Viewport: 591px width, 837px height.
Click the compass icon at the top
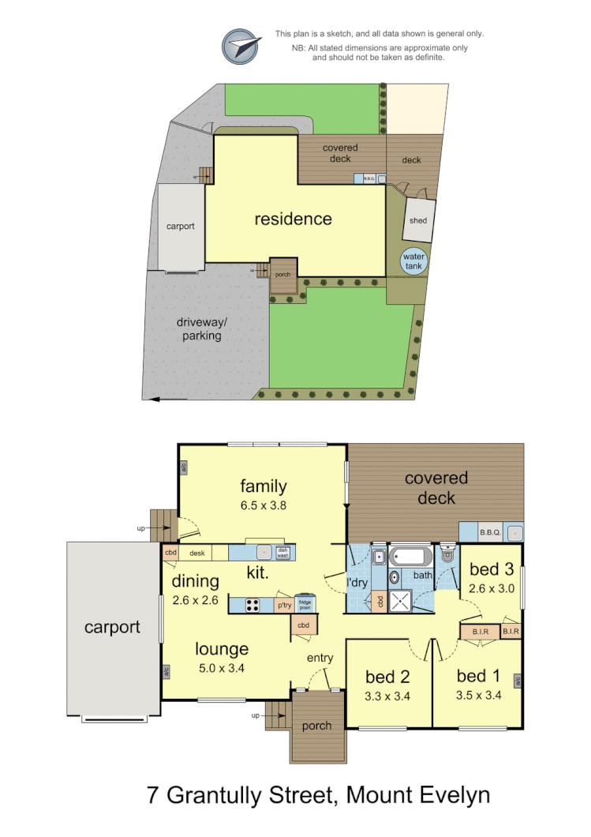pos(241,47)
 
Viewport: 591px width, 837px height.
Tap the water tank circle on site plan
pos(413,261)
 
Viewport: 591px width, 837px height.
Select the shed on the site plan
pos(418,220)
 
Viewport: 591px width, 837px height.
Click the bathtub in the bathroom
pos(411,557)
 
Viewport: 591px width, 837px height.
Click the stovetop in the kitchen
pos(253,606)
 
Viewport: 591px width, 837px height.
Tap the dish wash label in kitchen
pos(282,553)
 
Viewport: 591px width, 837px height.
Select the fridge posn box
pos(305,603)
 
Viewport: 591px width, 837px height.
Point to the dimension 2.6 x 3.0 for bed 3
pos(491,588)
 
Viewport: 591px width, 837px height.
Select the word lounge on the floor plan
pos(223,649)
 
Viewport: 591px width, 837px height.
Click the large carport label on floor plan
pos(112,628)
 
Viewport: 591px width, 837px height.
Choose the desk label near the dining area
pos(196,554)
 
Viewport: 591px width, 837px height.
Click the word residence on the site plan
pos(293,219)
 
